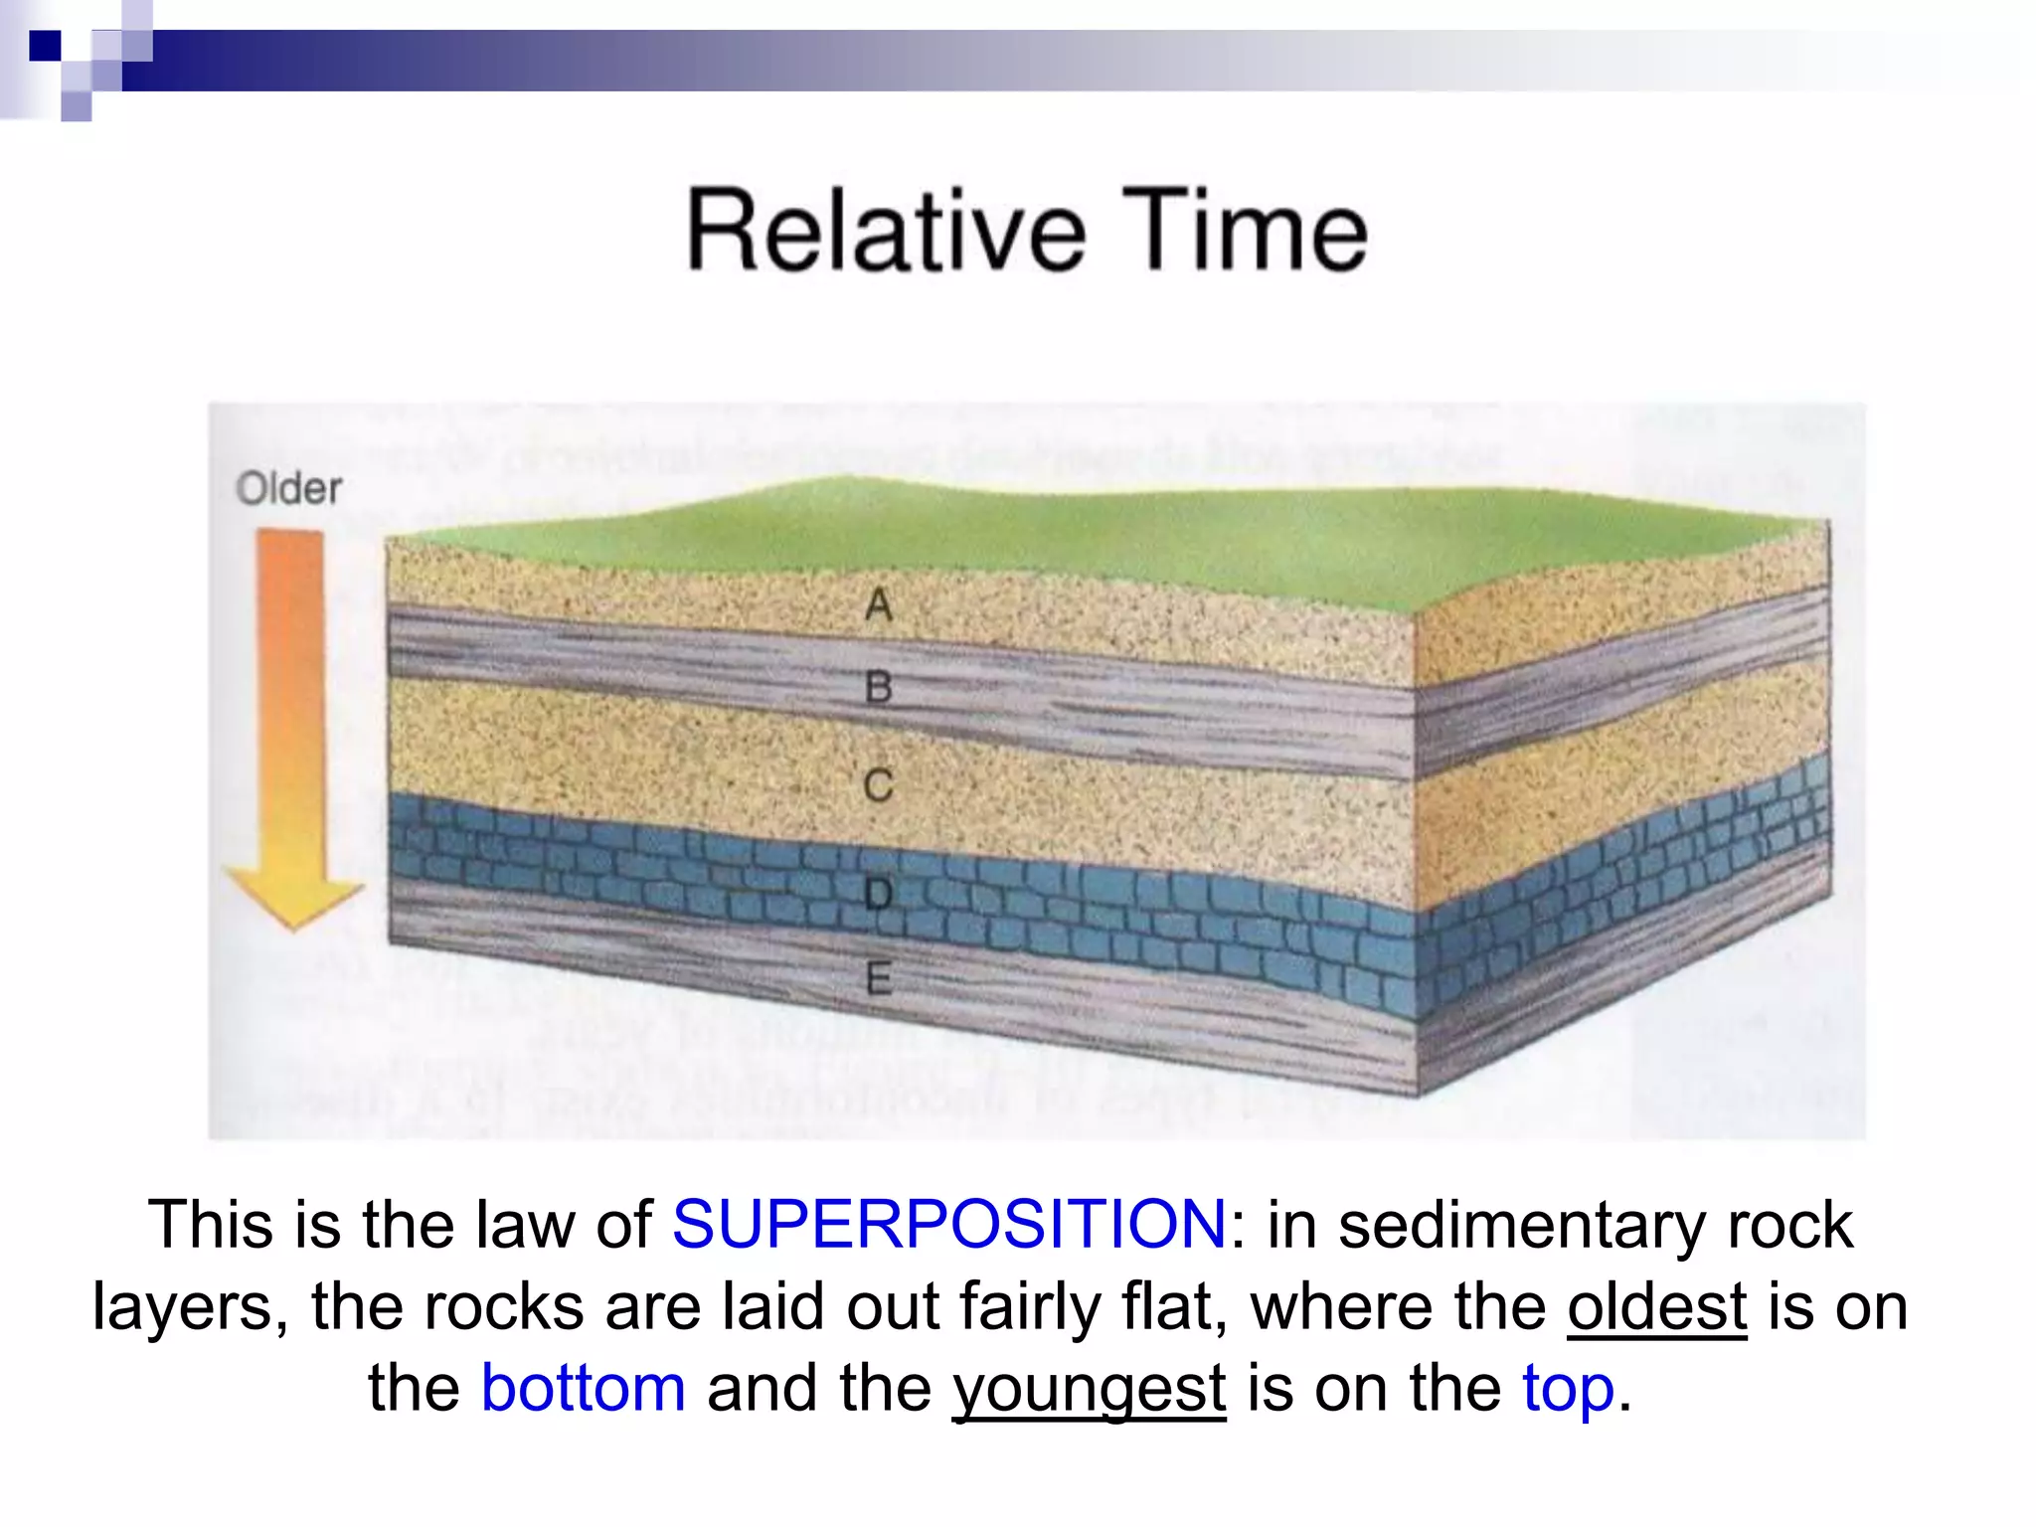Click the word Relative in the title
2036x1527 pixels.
click(x=887, y=231)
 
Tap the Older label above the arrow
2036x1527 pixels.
click(x=288, y=488)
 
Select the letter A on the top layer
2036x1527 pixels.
click(x=879, y=603)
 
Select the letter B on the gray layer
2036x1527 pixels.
click(x=879, y=687)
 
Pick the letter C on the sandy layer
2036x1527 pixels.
click(x=879, y=785)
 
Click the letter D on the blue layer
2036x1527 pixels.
click(x=879, y=894)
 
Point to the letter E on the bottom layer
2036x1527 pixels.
click(x=879, y=979)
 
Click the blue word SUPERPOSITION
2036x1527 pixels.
click(x=949, y=1224)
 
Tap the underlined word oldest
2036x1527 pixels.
click(x=1656, y=1305)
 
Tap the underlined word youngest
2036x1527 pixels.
click(x=1089, y=1389)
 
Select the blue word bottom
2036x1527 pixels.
click(x=584, y=1388)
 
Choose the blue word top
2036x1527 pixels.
click(x=1568, y=1389)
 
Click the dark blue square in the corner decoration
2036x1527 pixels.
click(x=45, y=46)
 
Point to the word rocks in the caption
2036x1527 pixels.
click(x=504, y=1305)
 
